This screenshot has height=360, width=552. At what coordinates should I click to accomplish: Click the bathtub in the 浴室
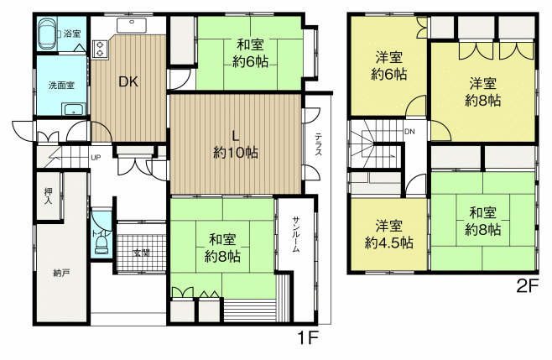[47, 34]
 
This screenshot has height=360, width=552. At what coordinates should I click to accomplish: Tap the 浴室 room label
[72, 34]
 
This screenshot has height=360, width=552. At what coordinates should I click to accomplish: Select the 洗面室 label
[61, 86]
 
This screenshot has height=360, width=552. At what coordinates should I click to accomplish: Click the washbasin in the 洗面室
[74, 109]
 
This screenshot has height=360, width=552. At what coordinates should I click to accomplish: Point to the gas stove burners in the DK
[100, 49]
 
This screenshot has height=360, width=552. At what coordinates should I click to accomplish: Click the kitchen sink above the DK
[132, 24]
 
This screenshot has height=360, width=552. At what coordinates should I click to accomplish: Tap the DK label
[128, 81]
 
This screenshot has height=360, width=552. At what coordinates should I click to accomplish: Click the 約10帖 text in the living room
[236, 153]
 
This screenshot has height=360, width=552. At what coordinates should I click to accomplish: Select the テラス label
[318, 143]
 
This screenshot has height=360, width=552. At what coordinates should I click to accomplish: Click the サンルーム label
[295, 234]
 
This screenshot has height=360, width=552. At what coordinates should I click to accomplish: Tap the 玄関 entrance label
[142, 253]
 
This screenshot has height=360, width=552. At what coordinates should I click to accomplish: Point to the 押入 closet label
[48, 196]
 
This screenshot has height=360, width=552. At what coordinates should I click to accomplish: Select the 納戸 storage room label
[61, 273]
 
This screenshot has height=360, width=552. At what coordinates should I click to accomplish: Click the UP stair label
[96, 158]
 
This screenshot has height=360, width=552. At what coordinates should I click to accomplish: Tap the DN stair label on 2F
[409, 132]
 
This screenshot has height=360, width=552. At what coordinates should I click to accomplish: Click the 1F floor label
[309, 338]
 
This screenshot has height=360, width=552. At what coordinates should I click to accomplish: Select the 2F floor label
[528, 286]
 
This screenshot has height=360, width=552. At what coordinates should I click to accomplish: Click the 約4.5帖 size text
[388, 243]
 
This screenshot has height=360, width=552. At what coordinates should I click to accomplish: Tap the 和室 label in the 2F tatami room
[482, 213]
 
